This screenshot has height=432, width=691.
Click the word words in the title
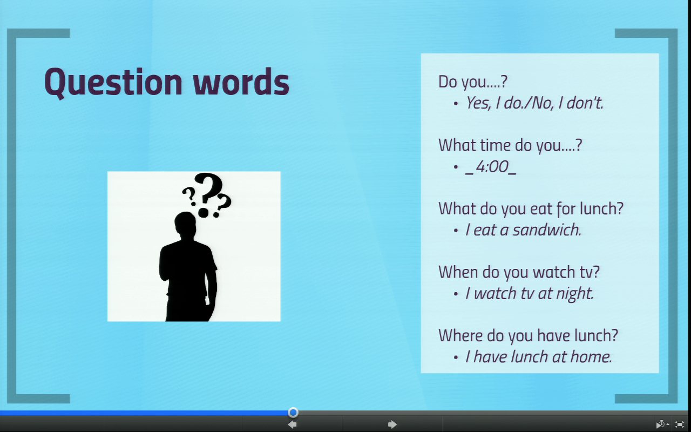[x=241, y=82]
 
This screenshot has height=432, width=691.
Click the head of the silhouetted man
[x=185, y=224]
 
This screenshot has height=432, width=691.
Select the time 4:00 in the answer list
[x=492, y=167]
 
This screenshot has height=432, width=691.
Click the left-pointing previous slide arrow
[x=292, y=424]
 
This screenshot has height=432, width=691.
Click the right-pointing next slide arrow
[x=392, y=424]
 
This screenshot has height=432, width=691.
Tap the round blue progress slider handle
[x=293, y=412]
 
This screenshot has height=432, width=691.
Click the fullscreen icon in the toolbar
[x=680, y=424]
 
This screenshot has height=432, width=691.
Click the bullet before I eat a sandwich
[x=456, y=231]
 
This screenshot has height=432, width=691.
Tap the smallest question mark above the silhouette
[x=189, y=196]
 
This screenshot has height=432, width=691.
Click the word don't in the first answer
[x=585, y=103]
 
